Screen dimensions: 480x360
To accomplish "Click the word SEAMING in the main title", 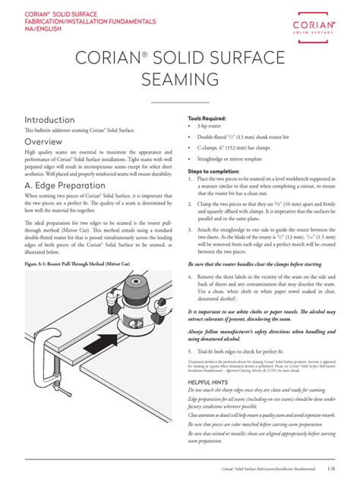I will pyautogui.click(x=180, y=80).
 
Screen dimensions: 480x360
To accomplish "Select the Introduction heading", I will pyautogui.click(x=49, y=120).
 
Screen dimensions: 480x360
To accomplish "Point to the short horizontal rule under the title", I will pyautogui.click(x=179, y=101).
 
